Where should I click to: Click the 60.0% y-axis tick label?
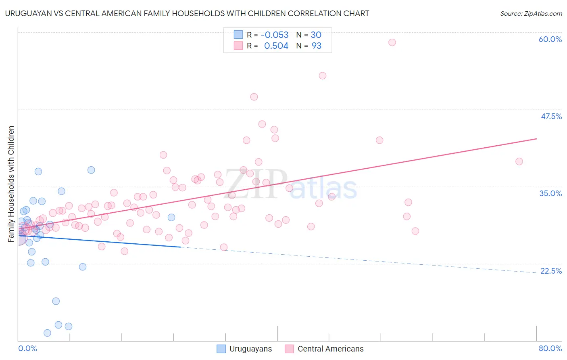click(550, 39)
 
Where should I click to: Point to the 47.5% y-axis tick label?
click(551, 116)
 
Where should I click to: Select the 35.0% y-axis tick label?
click(550, 193)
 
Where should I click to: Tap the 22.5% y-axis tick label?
click(551, 271)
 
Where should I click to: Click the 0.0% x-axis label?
click(27, 348)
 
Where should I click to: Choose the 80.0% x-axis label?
click(550, 348)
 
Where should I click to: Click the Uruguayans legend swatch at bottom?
click(221, 349)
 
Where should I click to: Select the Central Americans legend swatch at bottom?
click(289, 349)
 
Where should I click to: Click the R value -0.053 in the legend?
click(275, 35)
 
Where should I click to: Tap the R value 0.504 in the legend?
click(276, 46)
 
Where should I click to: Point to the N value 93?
click(317, 46)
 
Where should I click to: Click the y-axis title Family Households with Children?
click(11, 184)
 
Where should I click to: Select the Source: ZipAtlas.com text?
click(531, 14)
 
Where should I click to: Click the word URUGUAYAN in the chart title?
click(27, 13)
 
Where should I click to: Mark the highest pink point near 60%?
click(392, 42)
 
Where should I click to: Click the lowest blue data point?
click(47, 333)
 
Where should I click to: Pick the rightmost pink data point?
click(519, 161)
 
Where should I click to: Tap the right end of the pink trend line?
click(536, 139)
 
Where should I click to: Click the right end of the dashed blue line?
click(536, 273)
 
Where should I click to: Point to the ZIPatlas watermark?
click(291, 184)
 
